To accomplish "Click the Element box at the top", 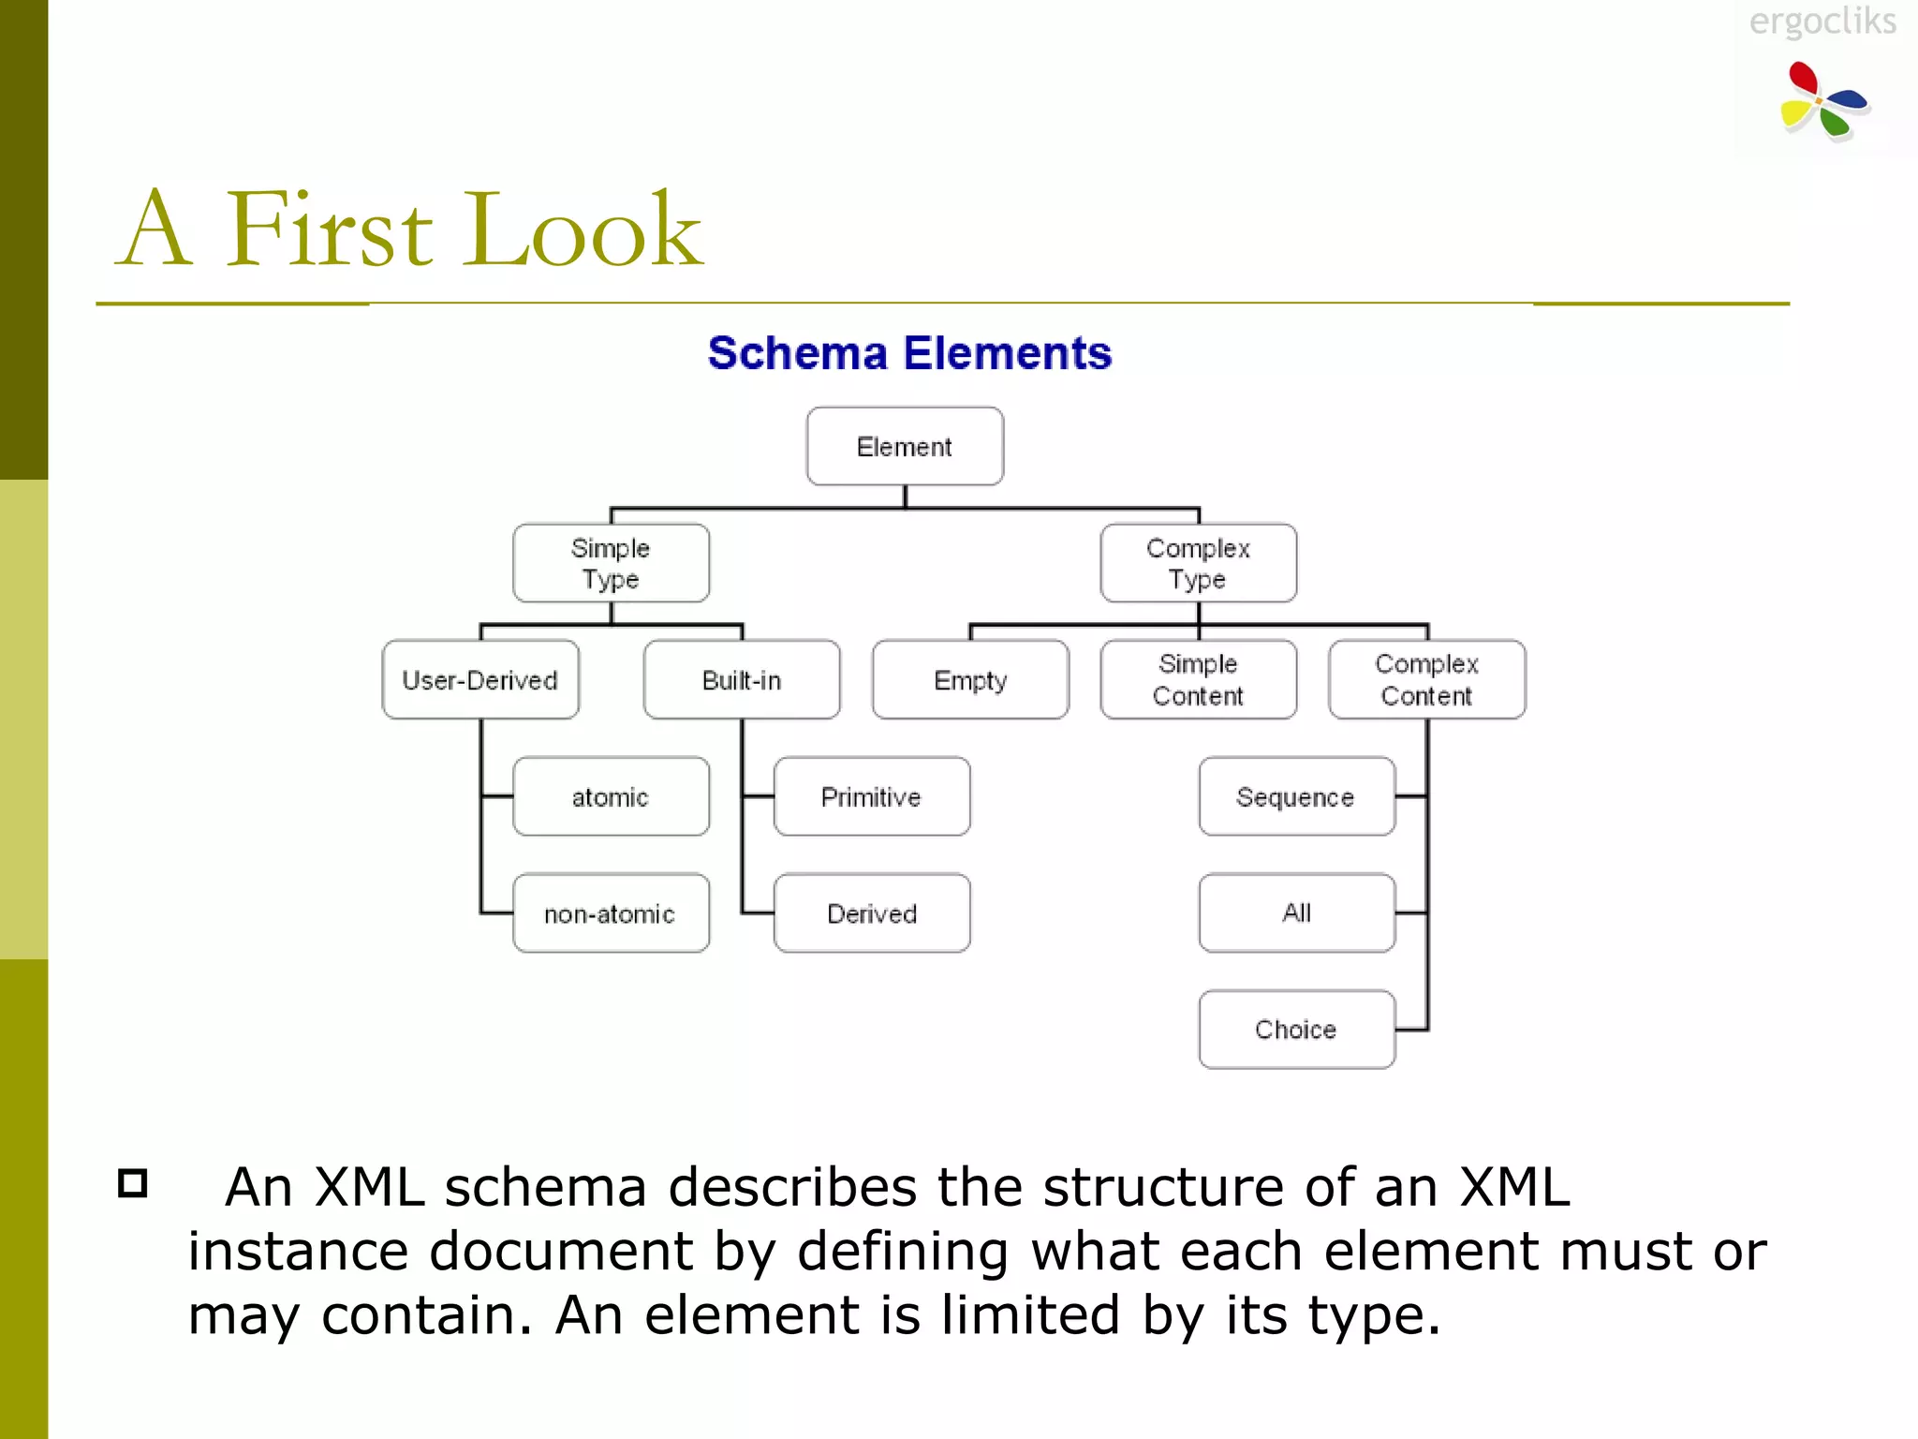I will point(905,446).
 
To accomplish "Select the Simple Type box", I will point(611,563).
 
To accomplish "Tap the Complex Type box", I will point(1198,563).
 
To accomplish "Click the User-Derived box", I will point(479,680).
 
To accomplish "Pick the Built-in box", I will point(742,680).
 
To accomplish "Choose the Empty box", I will point(970,680).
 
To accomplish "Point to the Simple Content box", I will point(1198,680).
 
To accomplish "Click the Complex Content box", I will point(1426,680).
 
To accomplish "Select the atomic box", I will point(611,796).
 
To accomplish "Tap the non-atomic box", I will point(611,913).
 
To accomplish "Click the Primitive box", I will point(872,796).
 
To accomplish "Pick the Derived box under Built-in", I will point(872,913).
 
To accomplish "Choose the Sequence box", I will point(1296,796).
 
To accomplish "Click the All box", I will point(1296,913).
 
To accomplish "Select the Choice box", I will point(1296,1030).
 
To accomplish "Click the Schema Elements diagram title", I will point(909,353).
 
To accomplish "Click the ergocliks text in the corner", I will point(1822,21).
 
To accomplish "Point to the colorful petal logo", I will point(1822,101).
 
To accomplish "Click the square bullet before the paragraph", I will point(133,1183).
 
